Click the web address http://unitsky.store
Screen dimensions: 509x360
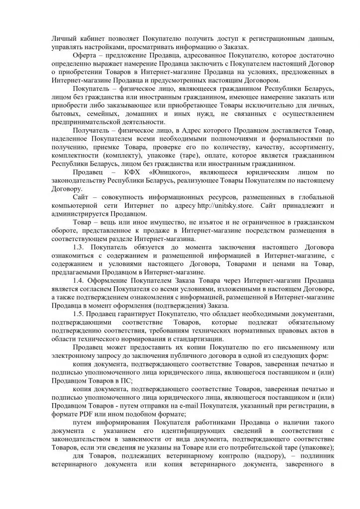pos(225,205)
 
